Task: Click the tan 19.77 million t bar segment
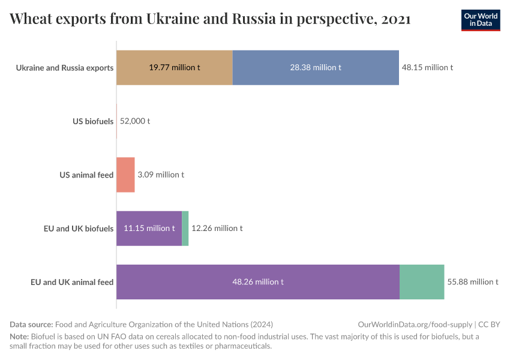pos(174,68)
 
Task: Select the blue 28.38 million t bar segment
pos(316,68)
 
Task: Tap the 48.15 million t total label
pos(427,68)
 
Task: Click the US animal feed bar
pos(125,175)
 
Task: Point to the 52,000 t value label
pos(135,121)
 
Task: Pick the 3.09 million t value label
pos(160,175)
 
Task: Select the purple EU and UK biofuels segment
pos(149,228)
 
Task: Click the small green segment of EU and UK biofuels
pos(185,228)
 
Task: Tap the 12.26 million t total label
pos(217,228)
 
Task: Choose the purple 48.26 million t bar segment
pos(257,281)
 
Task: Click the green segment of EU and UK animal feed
pos(422,281)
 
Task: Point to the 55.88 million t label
pos(473,281)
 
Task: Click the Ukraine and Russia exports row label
pos(65,68)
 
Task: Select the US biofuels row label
pos(93,121)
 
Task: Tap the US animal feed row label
pos(86,175)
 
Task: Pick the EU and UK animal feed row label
pos(72,281)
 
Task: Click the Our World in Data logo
pos(481,20)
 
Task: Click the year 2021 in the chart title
pos(395,19)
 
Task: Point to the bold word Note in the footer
pos(19,337)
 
